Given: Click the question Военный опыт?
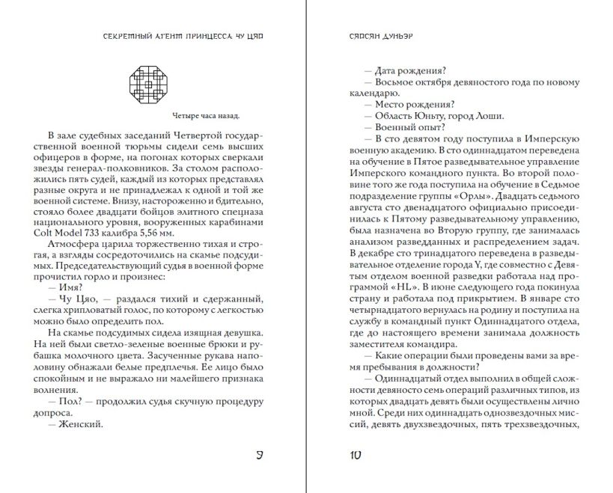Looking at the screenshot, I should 401,128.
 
